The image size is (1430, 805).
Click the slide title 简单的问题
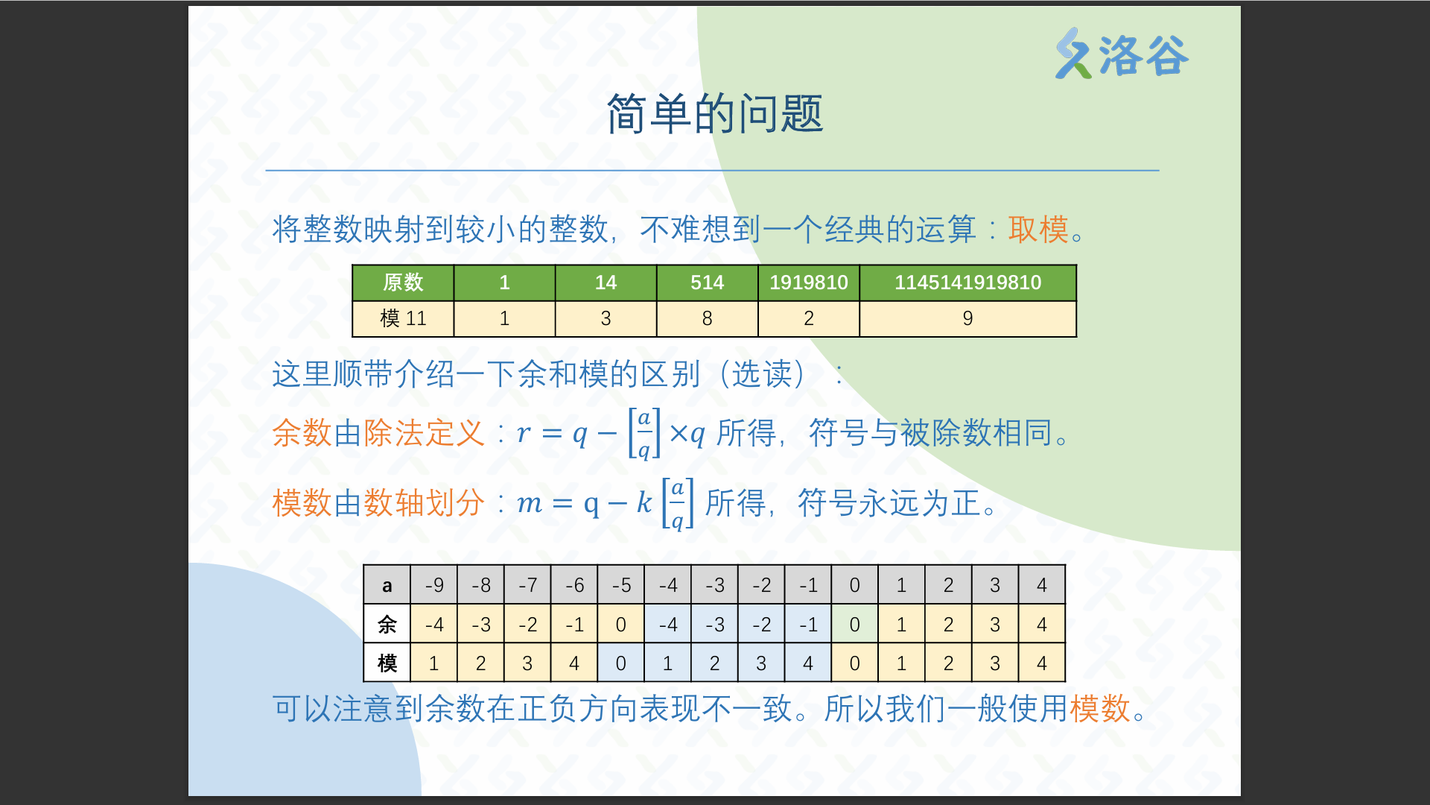(x=715, y=114)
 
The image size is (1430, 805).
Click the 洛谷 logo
(x=1122, y=54)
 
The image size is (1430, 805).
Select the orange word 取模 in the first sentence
(x=1038, y=229)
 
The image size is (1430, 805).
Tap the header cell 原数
(x=403, y=282)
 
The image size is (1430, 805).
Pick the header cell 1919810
(x=809, y=282)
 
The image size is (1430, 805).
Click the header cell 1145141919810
(x=967, y=282)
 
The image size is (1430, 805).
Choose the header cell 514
(x=707, y=282)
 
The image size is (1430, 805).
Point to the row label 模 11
(x=403, y=319)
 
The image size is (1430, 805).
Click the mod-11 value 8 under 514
(x=707, y=319)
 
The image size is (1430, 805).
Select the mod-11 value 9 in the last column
(x=967, y=319)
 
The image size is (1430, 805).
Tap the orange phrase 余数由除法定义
(x=378, y=433)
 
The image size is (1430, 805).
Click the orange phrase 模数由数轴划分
(x=378, y=503)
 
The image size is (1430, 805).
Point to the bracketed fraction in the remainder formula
(x=644, y=433)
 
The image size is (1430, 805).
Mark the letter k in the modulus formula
(x=644, y=502)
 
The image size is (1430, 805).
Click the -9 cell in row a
(x=434, y=585)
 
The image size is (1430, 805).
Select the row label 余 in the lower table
(x=387, y=625)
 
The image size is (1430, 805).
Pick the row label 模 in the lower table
(x=387, y=663)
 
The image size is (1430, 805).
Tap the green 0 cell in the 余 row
(x=854, y=625)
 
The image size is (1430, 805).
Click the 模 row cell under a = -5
(x=620, y=663)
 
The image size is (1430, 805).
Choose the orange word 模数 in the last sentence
(x=1100, y=708)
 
